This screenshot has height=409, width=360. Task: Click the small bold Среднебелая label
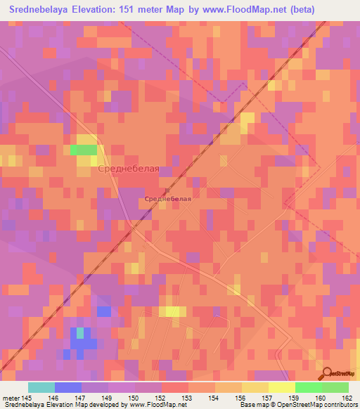pyautogui.click(x=168, y=199)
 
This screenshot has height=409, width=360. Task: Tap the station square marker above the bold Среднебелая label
pyautogui.click(x=167, y=190)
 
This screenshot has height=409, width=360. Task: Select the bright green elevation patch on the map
pyautogui.click(x=84, y=150)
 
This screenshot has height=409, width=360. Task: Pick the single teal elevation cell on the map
pyautogui.click(x=79, y=331)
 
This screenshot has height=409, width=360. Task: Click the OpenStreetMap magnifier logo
pyautogui.click(x=328, y=374)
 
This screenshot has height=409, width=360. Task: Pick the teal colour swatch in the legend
pyautogui.click(x=41, y=387)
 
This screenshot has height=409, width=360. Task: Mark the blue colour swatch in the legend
pyautogui.click(x=67, y=387)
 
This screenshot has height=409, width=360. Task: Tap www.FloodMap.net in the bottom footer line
pyautogui.click(x=150, y=405)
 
